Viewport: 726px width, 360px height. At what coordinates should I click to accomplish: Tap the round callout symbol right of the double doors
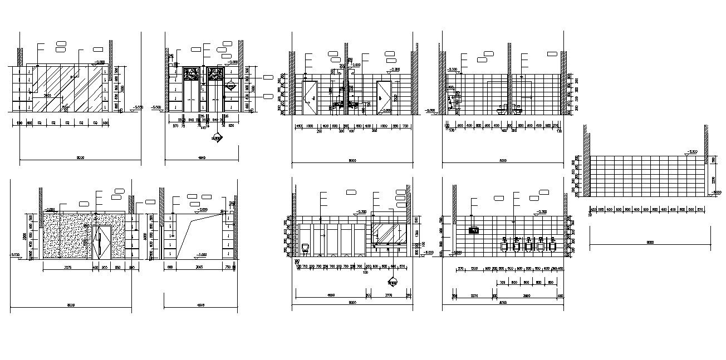click(x=229, y=86)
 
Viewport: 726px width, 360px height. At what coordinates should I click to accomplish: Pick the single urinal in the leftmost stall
click(x=305, y=247)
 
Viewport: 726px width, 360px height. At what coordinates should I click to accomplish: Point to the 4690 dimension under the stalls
click(x=328, y=295)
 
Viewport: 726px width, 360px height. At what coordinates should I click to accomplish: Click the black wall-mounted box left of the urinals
click(x=474, y=229)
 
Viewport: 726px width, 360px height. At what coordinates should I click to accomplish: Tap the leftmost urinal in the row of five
click(x=505, y=245)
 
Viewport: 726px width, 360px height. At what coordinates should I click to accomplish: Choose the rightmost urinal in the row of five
click(x=552, y=245)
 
